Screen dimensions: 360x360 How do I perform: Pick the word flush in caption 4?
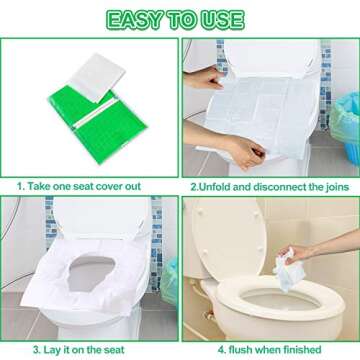pos(240,349)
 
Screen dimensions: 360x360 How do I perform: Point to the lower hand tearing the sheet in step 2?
pos(245,147)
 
